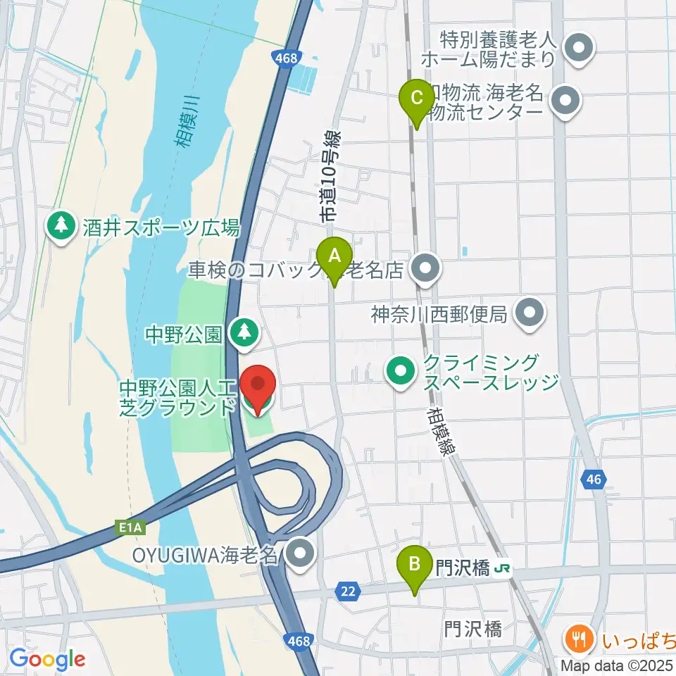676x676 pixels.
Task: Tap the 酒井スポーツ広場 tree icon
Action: (62, 227)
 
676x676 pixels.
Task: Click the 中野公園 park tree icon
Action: (244, 332)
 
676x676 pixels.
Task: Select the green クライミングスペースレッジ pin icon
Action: (401, 371)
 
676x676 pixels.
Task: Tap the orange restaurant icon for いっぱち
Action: (581, 640)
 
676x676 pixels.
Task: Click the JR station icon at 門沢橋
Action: (503, 567)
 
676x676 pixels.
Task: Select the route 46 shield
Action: (594, 480)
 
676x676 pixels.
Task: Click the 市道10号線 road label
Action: (330, 177)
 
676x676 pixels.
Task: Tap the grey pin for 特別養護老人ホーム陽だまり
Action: (580, 50)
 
